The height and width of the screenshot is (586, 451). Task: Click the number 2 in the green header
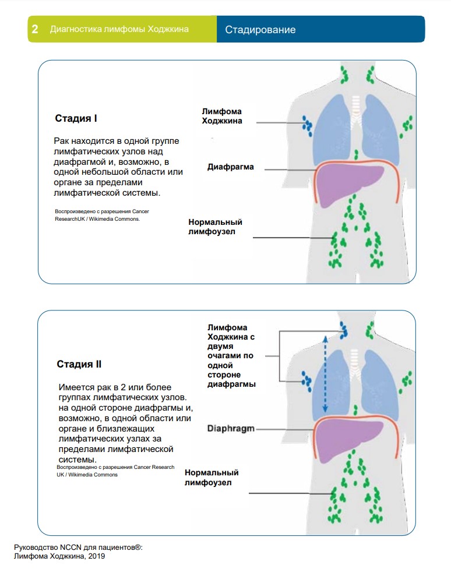(x=35, y=29)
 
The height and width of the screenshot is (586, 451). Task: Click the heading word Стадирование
(x=260, y=30)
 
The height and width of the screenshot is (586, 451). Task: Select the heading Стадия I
(x=76, y=118)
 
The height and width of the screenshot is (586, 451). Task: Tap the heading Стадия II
(x=79, y=364)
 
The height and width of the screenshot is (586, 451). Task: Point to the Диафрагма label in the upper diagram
(x=230, y=167)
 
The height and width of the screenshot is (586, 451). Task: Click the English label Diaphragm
(x=231, y=429)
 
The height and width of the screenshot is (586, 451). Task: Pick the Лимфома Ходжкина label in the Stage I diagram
(x=222, y=116)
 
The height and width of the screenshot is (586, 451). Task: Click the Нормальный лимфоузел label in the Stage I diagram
(x=215, y=227)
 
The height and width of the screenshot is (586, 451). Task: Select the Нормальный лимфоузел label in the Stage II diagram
(x=212, y=478)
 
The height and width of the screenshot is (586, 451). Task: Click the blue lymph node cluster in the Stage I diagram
(x=308, y=126)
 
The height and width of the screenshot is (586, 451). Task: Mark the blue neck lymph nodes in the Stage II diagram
(x=343, y=330)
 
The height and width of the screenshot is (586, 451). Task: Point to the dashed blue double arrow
(x=325, y=374)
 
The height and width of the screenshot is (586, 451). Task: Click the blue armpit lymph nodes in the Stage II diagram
(x=306, y=381)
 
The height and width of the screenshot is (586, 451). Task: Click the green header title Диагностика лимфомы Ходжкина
(x=119, y=29)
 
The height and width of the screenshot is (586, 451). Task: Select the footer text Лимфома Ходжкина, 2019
(x=59, y=556)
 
